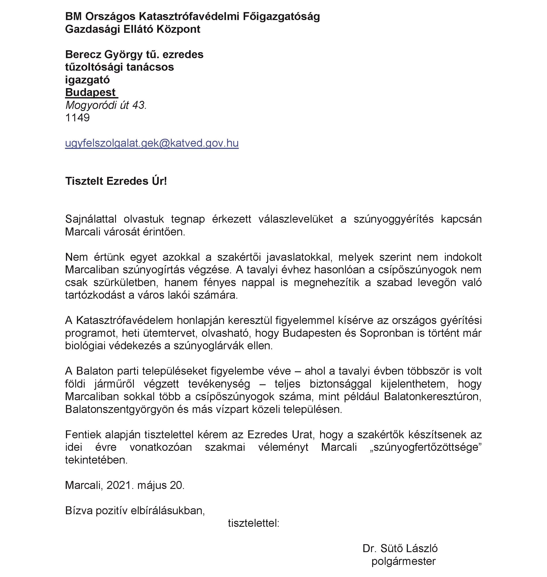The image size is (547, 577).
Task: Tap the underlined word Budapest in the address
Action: click(90, 92)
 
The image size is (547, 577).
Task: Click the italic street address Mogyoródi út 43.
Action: click(106, 105)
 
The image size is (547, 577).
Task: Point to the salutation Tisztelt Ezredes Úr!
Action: click(116, 181)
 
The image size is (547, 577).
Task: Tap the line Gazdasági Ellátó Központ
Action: click(133, 29)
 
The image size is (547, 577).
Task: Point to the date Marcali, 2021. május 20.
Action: click(125, 485)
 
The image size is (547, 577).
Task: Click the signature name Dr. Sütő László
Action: click(400, 548)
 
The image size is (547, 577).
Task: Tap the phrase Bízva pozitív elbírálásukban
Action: click(135, 510)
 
